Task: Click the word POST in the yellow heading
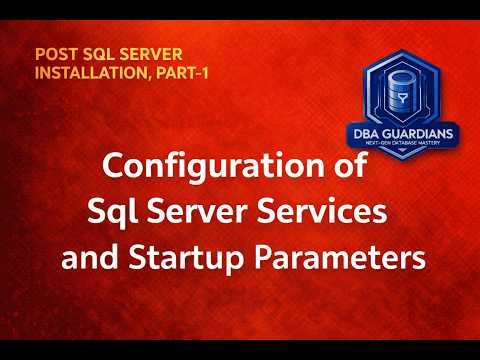pyautogui.click(x=53, y=54)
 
